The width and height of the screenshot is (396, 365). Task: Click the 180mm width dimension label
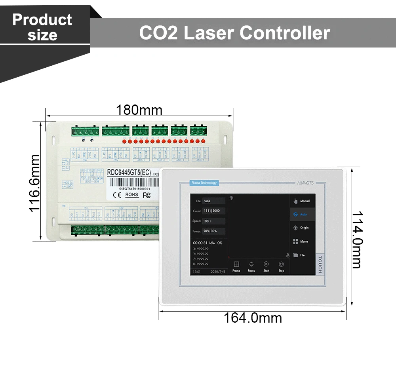point(139,110)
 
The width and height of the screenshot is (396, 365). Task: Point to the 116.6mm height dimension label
point(35,182)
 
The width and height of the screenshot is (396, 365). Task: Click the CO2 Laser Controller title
point(234,33)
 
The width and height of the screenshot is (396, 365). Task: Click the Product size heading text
point(42,27)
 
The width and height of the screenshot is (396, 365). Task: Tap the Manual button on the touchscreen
point(302,201)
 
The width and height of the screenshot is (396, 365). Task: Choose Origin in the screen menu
point(302,228)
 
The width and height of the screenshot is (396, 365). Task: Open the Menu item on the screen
point(302,241)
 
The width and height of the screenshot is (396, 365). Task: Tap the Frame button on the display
point(236,266)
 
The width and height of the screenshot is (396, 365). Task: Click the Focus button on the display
point(251,266)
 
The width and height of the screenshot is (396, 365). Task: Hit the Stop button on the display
point(281,266)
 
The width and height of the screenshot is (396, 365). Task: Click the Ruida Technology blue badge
point(204,183)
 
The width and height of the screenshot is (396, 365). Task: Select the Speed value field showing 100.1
point(214,221)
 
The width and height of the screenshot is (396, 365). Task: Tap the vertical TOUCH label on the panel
point(320,264)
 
